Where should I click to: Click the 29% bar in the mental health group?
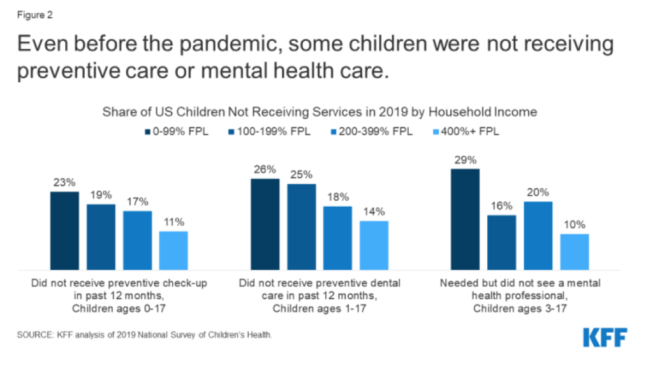pyautogui.click(x=465, y=219)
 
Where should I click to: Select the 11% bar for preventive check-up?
pyautogui.click(x=173, y=250)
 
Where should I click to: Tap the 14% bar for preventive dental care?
pyautogui.click(x=374, y=245)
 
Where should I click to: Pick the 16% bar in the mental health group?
pyautogui.click(x=501, y=242)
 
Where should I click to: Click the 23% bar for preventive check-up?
pyautogui.click(x=64, y=230)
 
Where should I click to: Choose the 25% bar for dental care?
pyautogui.click(x=301, y=226)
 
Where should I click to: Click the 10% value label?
pyautogui.click(x=575, y=224)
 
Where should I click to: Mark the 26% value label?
pyautogui.click(x=265, y=169)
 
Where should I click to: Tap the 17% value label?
pyautogui.click(x=137, y=201)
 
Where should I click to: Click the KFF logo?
pyautogui.click(x=605, y=338)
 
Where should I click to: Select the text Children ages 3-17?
pyautogui.click(x=520, y=309)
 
